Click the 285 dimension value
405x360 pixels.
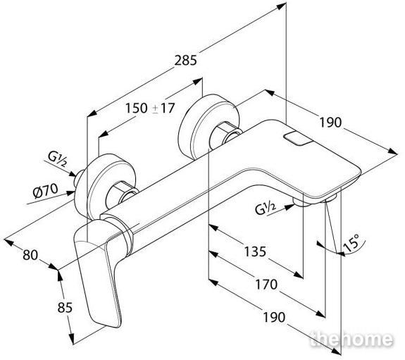185,61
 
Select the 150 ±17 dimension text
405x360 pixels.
150,108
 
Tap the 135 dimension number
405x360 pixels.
255,252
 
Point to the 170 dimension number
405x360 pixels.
266,285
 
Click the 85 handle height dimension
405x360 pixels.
65,308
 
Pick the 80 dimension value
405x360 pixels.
30,255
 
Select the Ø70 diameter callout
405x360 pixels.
46,191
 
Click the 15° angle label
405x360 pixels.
351,243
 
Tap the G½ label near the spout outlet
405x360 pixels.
266,209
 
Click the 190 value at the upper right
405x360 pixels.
330,122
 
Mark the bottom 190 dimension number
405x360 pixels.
274,317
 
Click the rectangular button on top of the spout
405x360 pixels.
298,139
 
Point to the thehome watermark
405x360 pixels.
351,339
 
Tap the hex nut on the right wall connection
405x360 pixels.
225,135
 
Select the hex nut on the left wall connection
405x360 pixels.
121,195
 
